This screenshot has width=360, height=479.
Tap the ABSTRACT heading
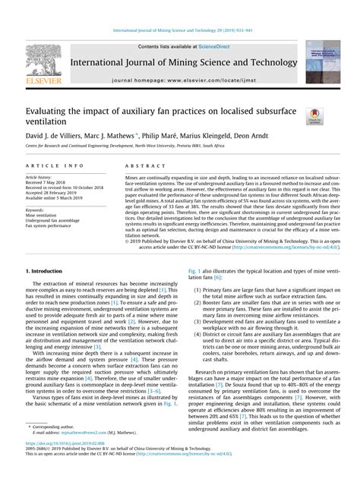[x=139, y=164]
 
